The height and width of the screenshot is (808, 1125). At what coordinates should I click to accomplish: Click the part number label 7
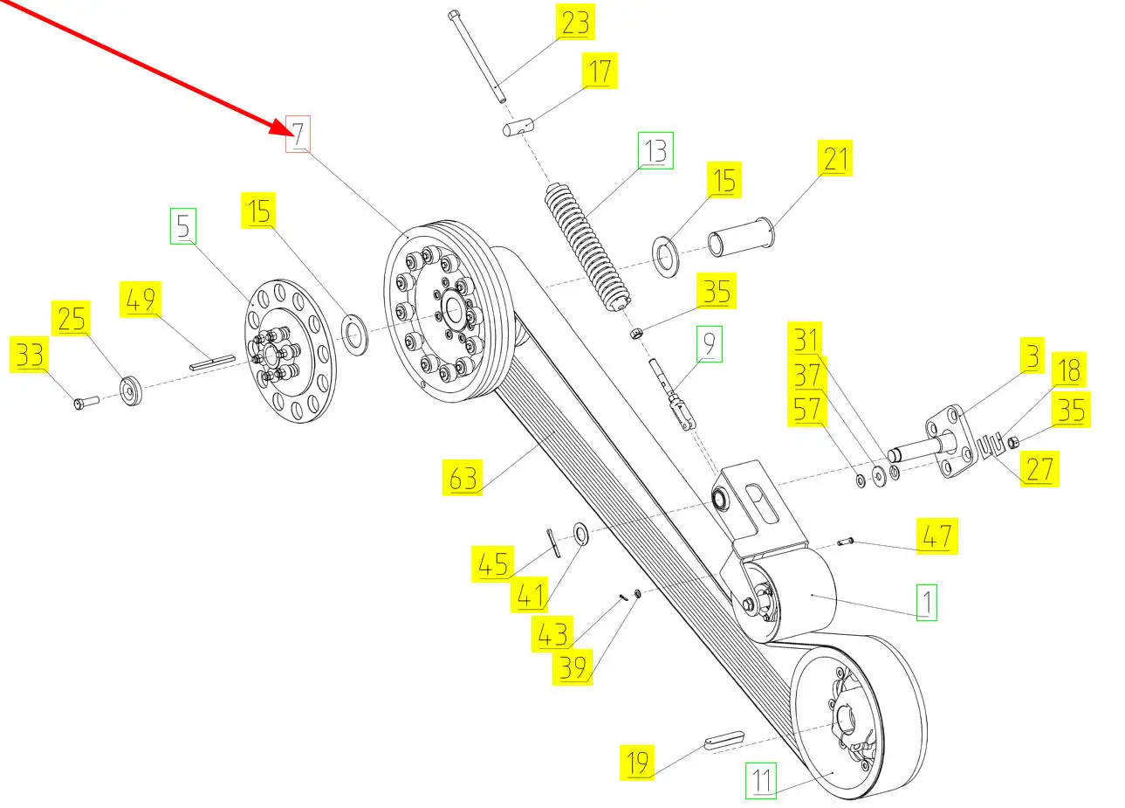(x=298, y=135)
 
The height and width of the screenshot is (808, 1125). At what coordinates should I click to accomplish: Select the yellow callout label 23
(x=575, y=22)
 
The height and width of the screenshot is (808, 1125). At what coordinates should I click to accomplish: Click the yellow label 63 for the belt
(x=463, y=478)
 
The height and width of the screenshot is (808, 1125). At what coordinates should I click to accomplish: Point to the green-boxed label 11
(x=763, y=780)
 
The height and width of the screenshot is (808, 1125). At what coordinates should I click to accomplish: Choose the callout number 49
(x=141, y=300)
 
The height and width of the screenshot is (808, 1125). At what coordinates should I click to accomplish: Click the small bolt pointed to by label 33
(x=84, y=403)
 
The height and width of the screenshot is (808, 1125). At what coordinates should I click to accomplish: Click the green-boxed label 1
(x=926, y=602)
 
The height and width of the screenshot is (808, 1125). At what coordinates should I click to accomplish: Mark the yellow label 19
(x=638, y=762)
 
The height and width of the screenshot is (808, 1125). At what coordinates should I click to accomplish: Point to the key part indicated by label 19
(x=723, y=738)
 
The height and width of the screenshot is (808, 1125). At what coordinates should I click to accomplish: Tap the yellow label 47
(x=936, y=535)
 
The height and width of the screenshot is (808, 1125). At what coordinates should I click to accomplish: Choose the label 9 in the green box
(x=709, y=344)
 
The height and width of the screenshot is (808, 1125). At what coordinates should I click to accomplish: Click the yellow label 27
(x=1039, y=468)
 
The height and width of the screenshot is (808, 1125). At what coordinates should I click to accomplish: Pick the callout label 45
(x=493, y=564)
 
